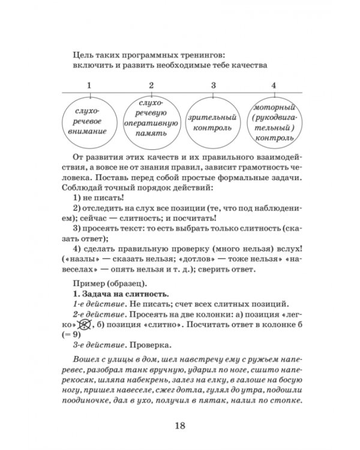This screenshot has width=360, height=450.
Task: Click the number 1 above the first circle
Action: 89,85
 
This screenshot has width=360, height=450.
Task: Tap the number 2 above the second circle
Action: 151,85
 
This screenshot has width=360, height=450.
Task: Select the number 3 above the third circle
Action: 213,85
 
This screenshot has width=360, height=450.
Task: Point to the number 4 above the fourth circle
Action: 274,85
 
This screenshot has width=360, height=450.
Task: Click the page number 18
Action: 179,426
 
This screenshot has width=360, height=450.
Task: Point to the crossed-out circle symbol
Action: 86,325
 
